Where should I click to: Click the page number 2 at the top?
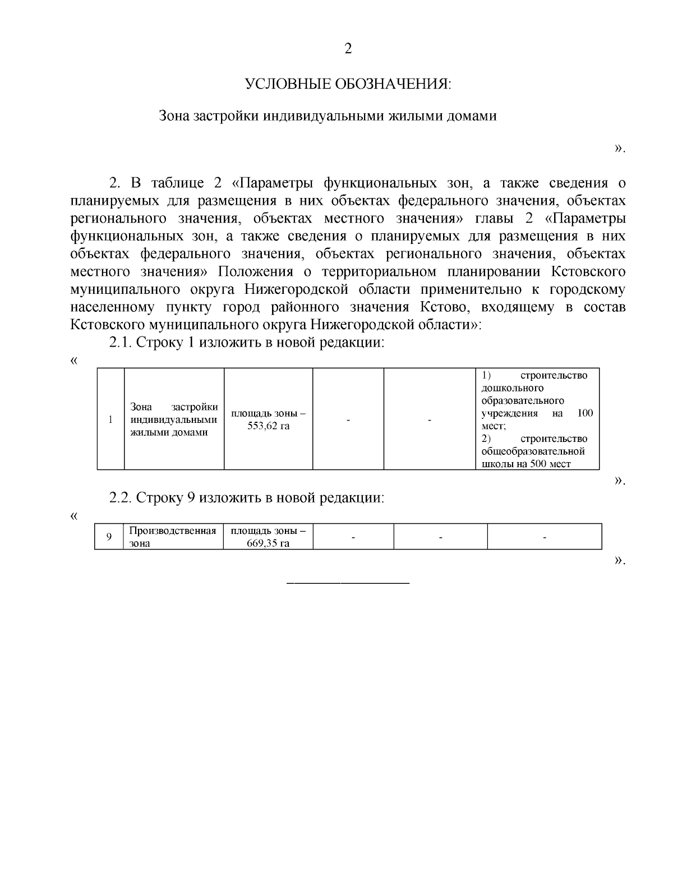click(x=348, y=49)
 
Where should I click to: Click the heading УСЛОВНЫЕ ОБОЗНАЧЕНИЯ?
click(x=348, y=84)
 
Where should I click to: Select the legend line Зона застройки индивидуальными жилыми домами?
click(x=328, y=116)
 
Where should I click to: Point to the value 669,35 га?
click(x=268, y=543)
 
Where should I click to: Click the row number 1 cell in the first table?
click(x=110, y=419)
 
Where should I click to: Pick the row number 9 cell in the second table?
click(x=109, y=537)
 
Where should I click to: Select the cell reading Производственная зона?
click(x=173, y=537)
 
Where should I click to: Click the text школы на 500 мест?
click(x=526, y=464)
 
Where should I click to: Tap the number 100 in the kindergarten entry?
click(x=584, y=413)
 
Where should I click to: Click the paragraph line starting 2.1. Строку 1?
click(x=247, y=343)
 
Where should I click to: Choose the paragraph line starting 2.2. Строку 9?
click(x=247, y=498)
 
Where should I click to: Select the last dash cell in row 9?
click(x=545, y=537)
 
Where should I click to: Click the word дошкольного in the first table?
click(x=513, y=388)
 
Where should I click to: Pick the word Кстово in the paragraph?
click(x=440, y=307)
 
